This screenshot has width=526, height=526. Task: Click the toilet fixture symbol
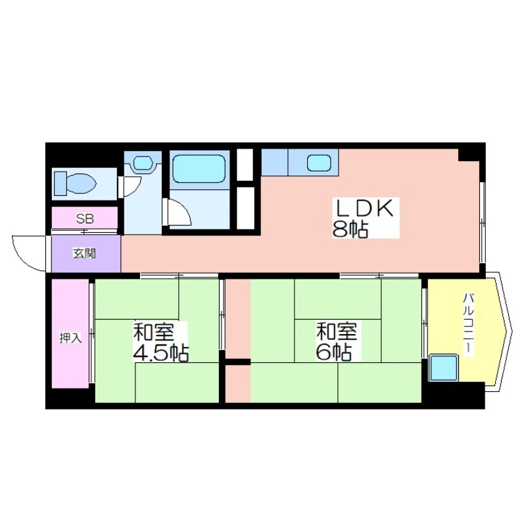75,183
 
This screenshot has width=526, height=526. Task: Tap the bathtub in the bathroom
199,169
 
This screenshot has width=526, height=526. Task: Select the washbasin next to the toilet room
143,163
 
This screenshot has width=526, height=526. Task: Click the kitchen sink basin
319,163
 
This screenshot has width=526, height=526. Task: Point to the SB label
85,219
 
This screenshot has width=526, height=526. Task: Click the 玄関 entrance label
85,254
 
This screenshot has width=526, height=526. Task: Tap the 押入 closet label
70,338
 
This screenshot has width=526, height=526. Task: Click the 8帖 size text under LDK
350,229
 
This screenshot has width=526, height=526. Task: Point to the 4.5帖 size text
161,353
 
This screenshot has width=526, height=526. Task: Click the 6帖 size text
334,352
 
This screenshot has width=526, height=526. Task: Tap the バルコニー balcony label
468,323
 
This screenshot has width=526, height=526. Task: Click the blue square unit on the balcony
444,368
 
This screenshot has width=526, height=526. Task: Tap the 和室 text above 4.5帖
154,332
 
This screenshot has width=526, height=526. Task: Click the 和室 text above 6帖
337,331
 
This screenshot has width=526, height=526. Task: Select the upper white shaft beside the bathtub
245,165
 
